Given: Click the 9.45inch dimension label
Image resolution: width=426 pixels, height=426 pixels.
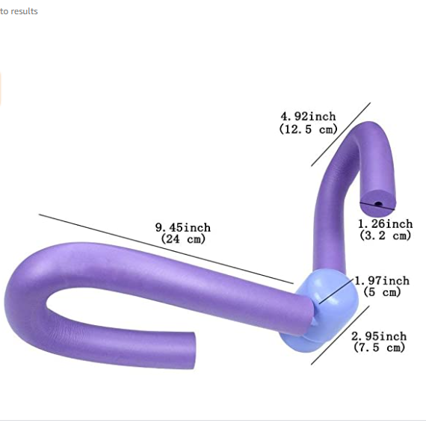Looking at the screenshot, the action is (183, 228).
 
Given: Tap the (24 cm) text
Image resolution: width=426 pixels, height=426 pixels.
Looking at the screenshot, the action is (183, 239).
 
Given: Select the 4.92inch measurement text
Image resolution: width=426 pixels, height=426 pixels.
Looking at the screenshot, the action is (309, 117).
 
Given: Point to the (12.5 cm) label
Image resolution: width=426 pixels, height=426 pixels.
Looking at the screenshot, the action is (309, 129).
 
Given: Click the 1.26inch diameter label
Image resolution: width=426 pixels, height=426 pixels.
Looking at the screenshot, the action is (385, 224).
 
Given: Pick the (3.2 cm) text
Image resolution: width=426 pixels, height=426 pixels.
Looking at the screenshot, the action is (385, 235).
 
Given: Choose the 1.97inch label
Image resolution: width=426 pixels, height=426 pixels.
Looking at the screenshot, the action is (382, 281).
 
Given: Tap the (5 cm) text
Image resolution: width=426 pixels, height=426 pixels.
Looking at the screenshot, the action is (382, 292).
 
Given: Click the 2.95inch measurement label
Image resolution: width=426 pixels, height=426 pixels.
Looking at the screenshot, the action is (379, 336).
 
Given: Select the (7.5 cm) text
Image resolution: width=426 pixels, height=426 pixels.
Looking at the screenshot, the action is (379, 348).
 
